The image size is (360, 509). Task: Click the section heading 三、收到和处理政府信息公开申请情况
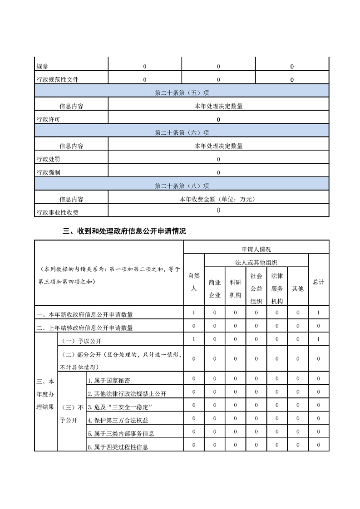click(x=124, y=231)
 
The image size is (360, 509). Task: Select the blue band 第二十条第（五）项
click(x=182, y=93)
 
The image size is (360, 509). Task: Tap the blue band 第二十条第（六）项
click(x=182, y=132)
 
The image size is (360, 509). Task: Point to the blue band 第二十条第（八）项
click(x=182, y=186)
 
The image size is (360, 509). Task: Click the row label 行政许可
click(x=48, y=119)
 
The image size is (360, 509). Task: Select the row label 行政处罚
click(x=48, y=159)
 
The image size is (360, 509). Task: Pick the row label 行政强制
click(x=48, y=172)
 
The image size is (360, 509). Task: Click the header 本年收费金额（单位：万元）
click(x=218, y=199)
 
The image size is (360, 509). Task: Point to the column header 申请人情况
click(x=256, y=249)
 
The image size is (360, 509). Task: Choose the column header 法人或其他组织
click(x=256, y=262)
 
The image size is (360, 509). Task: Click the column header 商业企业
click(x=214, y=289)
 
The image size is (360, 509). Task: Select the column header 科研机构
click(x=235, y=289)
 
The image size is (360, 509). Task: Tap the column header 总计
click(x=318, y=282)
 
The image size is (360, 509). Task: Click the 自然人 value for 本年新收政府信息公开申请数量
click(x=194, y=313)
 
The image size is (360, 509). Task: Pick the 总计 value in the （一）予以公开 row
click(x=319, y=339)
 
